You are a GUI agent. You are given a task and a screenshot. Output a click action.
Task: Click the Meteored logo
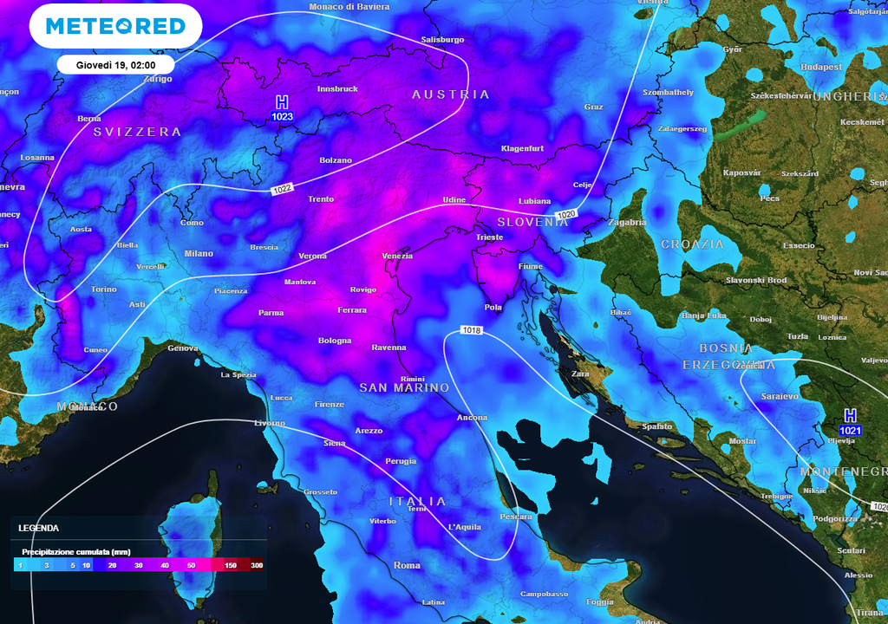115,26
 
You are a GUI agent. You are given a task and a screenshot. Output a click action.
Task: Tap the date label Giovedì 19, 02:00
115,65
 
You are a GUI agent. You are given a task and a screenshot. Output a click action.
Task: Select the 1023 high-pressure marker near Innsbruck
282,109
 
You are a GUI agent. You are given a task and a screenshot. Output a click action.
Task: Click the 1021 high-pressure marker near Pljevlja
850,423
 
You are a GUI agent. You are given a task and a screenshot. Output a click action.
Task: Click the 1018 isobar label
471,330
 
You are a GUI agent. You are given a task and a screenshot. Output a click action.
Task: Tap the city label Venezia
397,256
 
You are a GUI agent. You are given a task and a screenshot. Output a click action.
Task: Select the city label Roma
407,565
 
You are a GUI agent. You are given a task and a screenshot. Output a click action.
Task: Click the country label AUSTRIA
451,94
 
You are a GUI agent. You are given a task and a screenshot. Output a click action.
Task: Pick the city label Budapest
821,67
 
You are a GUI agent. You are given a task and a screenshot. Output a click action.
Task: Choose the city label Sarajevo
780,396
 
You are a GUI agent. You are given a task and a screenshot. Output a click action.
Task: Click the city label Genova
183,348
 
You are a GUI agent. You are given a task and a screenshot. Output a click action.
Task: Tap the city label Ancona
472,418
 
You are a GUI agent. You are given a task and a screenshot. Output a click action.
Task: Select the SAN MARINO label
404,387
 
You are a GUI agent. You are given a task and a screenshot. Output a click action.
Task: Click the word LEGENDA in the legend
39,528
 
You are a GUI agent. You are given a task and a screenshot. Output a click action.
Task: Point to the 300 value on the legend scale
257,565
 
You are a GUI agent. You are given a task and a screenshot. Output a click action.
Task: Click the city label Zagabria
627,223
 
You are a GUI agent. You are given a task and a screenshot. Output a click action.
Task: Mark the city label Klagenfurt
522,148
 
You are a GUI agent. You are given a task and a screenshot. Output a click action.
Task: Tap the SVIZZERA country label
137,133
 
